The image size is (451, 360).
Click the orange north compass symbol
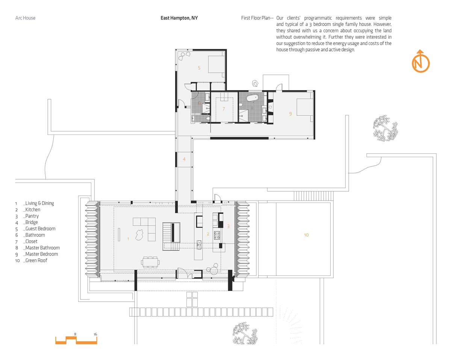(421, 61)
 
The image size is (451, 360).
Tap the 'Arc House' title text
(25, 18)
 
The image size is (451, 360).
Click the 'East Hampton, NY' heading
(179, 18)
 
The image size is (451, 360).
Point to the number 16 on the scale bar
(95, 334)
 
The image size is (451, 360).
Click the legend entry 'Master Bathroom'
(42, 248)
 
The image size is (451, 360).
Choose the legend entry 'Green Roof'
(36, 260)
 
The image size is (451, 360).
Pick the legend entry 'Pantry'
(32, 216)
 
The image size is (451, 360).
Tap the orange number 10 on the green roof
(306, 235)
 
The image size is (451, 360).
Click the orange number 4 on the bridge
(184, 159)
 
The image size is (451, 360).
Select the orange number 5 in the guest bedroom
(199, 68)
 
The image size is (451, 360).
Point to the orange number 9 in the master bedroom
(290, 114)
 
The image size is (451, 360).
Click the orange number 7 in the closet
(224, 109)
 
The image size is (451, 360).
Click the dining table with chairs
(150, 262)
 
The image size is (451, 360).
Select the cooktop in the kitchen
(217, 235)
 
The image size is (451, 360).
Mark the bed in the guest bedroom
(216, 64)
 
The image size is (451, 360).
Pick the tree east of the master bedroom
(385, 128)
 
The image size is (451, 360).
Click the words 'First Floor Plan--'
(257, 18)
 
